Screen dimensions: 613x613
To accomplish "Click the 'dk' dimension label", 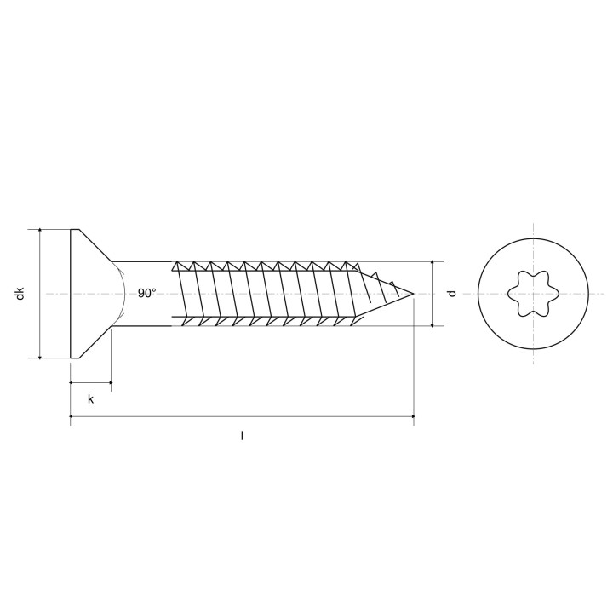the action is [20, 293].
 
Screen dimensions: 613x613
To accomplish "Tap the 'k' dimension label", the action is [91, 399].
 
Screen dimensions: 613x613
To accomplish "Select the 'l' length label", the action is [242, 436].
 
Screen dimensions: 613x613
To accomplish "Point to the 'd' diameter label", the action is [452, 293].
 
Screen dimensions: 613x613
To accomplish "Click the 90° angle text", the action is [147, 293].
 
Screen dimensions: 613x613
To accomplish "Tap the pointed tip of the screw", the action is [414, 294].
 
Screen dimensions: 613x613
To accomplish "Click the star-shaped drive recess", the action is [533, 293].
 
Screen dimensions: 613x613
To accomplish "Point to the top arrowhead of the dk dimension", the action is [40, 231].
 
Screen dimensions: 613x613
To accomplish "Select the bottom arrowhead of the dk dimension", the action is [40, 357].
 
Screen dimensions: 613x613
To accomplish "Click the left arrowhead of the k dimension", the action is [72, 382].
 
